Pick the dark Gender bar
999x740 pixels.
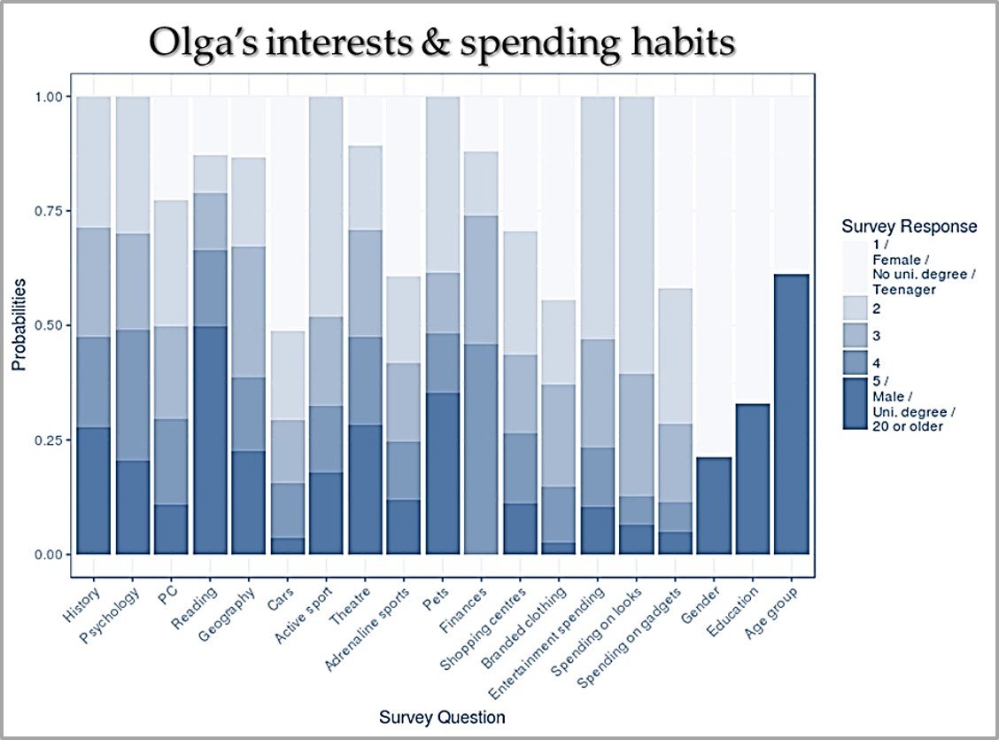click(713, 505)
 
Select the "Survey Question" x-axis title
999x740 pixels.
click(442, 716)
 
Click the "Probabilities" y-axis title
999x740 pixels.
click(19, 325)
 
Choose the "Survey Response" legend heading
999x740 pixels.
click(909, 227)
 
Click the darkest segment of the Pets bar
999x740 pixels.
click(442, 473)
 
